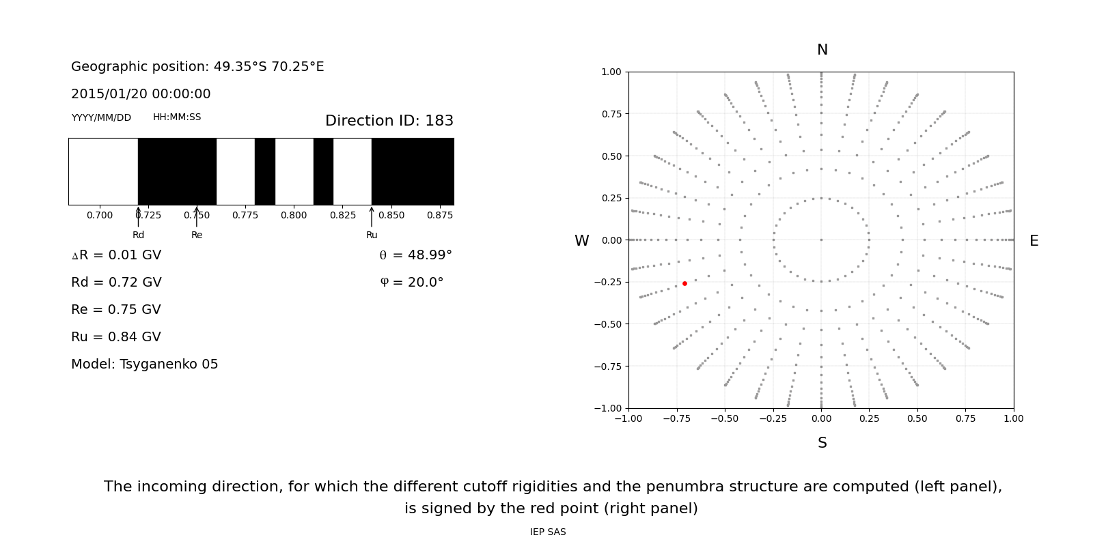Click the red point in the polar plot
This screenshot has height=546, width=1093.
click(x=684, y=283)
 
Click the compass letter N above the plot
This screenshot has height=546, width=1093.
click(x=822, y=50)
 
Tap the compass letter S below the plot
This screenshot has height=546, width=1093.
click(x=822, y=443)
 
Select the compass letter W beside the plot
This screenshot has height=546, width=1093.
click(x=581, y=241)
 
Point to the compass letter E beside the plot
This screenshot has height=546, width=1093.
click(x=1034, y=241)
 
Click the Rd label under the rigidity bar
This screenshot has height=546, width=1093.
click(x=138, y=235)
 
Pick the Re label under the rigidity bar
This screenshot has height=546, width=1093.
click(x=197, y=235)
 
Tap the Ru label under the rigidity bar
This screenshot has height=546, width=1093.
click(x=372, y=235)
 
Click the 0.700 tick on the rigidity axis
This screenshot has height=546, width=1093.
click(x=100, y=215)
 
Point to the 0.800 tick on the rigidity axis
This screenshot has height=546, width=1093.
click(x=294, y=215)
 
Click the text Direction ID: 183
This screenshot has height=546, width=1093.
click(x=389, y=121)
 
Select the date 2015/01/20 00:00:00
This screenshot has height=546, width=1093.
click(x=141, y=94)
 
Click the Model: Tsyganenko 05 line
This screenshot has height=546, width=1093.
click(x=145, y=364)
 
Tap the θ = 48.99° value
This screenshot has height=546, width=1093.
click(x=415, y=255)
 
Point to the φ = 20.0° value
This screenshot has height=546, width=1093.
click(x=412, y=283)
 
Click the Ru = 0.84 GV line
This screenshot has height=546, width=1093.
click(x=116, y=337)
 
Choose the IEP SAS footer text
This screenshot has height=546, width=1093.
click(x=548, y=532)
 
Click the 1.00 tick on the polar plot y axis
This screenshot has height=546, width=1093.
click(x=611, y=72)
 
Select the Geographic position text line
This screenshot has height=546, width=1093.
click(x=197, y=67)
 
